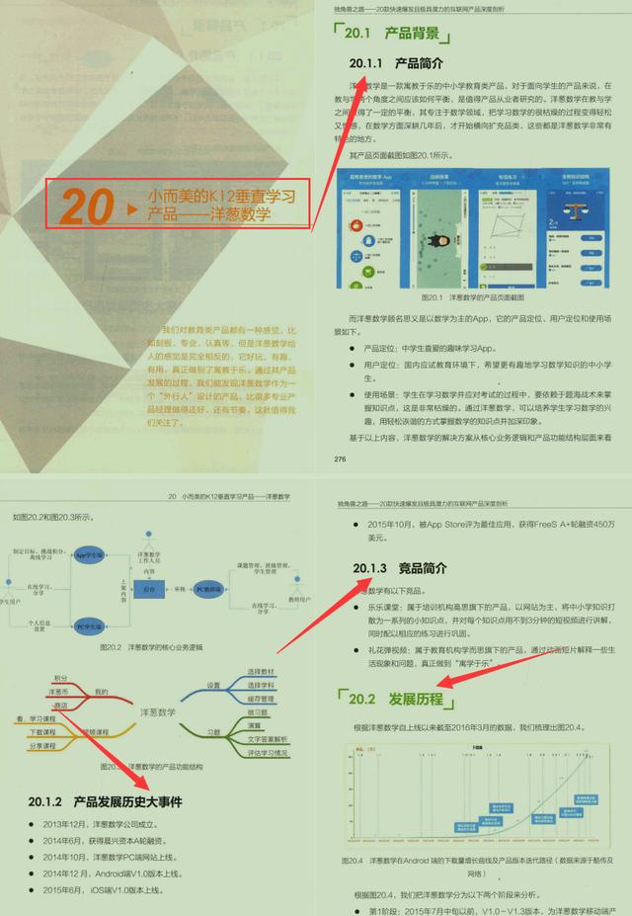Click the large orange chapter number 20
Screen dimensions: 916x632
tap(87, 206)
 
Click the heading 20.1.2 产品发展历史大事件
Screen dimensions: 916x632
tap(105, 799)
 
